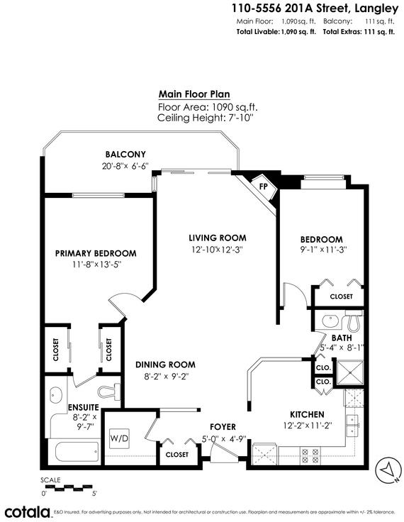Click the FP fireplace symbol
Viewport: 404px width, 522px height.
(264, 187)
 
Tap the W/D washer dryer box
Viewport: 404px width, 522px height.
(120, 438)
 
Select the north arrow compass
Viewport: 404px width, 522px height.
(388, 470)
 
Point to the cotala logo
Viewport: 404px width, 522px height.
(28, 512)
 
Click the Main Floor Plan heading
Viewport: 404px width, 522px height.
(194, 94)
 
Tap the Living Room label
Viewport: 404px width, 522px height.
(218, 238)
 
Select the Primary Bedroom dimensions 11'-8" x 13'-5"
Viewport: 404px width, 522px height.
(96, 265)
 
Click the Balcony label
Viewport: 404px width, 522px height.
(125, 154)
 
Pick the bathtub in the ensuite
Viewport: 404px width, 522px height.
(77, 451)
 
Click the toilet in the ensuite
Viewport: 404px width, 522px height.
(109, 391)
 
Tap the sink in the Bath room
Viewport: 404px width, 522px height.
(330, 321)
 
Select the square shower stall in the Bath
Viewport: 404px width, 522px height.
(349, 374)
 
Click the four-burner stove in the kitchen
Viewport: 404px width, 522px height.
(310, 456)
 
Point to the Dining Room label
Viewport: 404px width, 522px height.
(165, 365)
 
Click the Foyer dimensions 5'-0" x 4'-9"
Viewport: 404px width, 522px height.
(224, 439)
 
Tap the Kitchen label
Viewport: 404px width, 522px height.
(307, 414)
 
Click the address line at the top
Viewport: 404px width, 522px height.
(315, 8)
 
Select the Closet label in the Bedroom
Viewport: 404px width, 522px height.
(341, 296)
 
